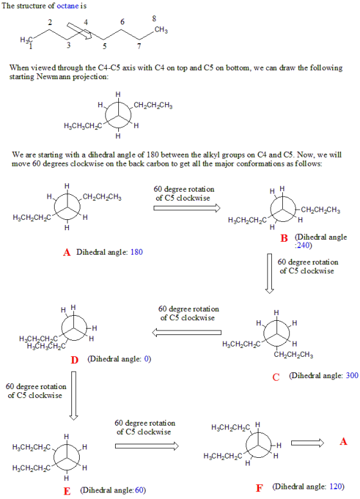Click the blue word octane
click(x=67, y=6)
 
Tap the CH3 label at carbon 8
click(x=161, y=30)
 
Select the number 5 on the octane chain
click(x=104, y=46)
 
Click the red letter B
click(x=284, y=238)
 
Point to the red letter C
click(x=276, y=377)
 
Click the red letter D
click(x=75, y=360)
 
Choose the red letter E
click(x=67, y=491)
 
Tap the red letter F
click(x=259, y=488)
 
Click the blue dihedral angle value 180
click(x=136, y=252)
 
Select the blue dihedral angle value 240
click(x=302, y=246)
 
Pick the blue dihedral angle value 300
click(x=352, y=376)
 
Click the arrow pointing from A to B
click(x=187, y=208)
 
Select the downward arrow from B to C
click(x=270, y=273)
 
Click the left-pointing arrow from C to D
click(x=186, y=332)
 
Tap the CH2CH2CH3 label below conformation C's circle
click(x=294, y=354)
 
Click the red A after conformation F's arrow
click(x=343, y=442)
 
